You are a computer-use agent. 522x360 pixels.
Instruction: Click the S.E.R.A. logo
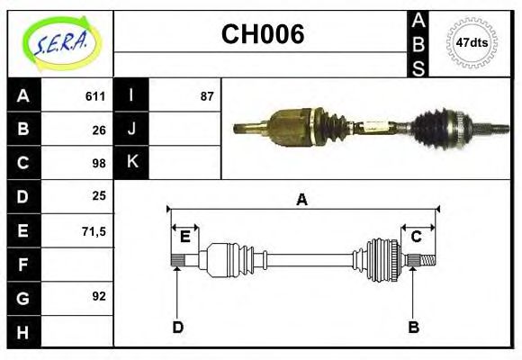(60, 40)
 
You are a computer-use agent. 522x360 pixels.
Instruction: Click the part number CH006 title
(262, 35)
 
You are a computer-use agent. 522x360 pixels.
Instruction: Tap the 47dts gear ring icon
(472, 41)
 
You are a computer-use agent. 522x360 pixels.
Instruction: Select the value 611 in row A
(95, 96)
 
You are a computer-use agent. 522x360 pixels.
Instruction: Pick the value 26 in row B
(99, 130)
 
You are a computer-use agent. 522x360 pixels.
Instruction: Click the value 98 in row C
(99, 163)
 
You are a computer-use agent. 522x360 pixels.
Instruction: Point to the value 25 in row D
(99, 196)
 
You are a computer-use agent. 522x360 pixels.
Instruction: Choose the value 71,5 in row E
(94, 230)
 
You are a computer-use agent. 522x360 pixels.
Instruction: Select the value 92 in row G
(99, 295)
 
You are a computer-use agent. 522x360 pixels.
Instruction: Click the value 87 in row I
(207, 96)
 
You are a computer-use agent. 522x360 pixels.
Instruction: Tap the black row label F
(22, 265)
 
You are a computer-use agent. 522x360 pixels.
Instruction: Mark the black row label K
(131, 163)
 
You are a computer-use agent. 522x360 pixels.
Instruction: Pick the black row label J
(131, 130)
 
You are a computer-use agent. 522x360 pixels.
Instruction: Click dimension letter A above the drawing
(302, 200)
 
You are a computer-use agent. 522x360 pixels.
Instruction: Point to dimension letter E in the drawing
(184, 237)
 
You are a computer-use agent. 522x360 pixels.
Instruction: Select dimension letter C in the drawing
(417, 237)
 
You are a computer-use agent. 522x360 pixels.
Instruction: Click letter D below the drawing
(177, 328)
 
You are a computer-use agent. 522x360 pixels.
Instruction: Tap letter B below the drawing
(414, 328)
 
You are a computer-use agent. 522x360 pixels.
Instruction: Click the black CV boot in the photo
(432, 126)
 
